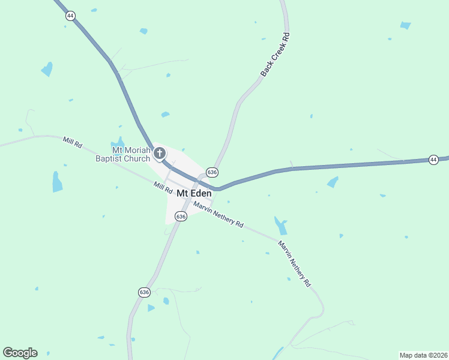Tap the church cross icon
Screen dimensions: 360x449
(160, 154)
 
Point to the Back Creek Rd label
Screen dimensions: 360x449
(276, 55)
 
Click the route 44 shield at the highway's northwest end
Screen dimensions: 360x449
(70, 16)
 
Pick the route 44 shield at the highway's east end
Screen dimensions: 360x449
(433, 160)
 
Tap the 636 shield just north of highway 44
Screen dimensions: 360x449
(211, 172)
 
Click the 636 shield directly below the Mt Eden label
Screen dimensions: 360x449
(181, 215)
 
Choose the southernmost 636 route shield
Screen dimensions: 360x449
(143, 292)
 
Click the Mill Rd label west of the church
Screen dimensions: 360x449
(73, 143)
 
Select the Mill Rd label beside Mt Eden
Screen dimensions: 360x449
(162, 188)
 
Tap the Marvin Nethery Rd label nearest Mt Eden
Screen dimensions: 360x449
(218, 215)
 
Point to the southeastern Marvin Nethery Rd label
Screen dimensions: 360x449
(295, 263)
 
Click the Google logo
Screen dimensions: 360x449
(20, 353)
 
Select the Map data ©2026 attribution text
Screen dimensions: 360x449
(423, 355)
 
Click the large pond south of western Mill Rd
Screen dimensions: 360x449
(57, 182)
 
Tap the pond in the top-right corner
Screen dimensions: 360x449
(406, 25)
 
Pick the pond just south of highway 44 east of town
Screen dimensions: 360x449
(333, 182)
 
